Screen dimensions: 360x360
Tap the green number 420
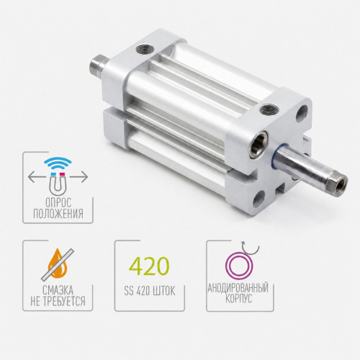coord(149,266)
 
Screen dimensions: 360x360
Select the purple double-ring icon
coord(239,266)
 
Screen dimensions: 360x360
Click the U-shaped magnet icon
coord(58,182)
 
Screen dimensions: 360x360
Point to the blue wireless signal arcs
coord(58,163)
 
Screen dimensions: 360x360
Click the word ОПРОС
coord(58,203)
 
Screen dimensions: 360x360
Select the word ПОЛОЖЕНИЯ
coord(58,213)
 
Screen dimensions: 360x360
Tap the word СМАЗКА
coord(58,290)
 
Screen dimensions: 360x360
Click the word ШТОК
coord(165,291)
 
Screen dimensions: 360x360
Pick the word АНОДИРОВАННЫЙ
coord(238,287)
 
